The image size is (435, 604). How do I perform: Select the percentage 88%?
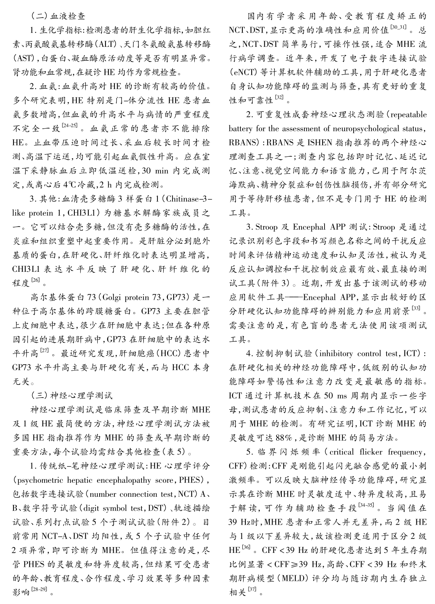click(276, 438)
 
